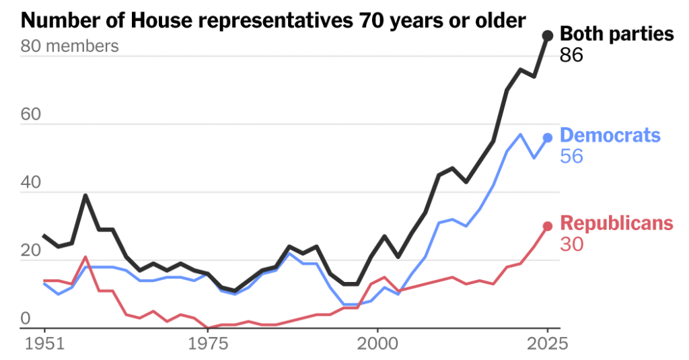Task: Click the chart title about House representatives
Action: pyautogui.click(x=273, y=20)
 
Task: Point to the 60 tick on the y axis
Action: pyautogui.click(x=30, y=114)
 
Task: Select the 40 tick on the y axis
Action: pyautogui.click(x=30, y=182)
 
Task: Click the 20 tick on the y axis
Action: pyautogui.click(x=30, y=250)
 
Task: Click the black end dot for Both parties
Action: pyautogui.click(x=548, y=35)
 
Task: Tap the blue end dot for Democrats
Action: pyautogui.click(x=548, y=137)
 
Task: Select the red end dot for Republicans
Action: pyautogui.click(x=548, y=226)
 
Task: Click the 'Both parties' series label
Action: pyautogui.click(x=616, y=34)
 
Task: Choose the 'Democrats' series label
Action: pyautogui.click(x=610, y=135)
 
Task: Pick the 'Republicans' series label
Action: pyautogui.click(x=616, y=223)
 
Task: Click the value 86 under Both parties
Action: pyautogui.click(x=571, y=55)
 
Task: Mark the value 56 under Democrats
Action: pyautogui.click(x=571, y=157)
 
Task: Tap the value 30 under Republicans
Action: pyautogui.click(x=571, y=245)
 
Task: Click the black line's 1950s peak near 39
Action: pyautogui.click(x=85, y=196)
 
